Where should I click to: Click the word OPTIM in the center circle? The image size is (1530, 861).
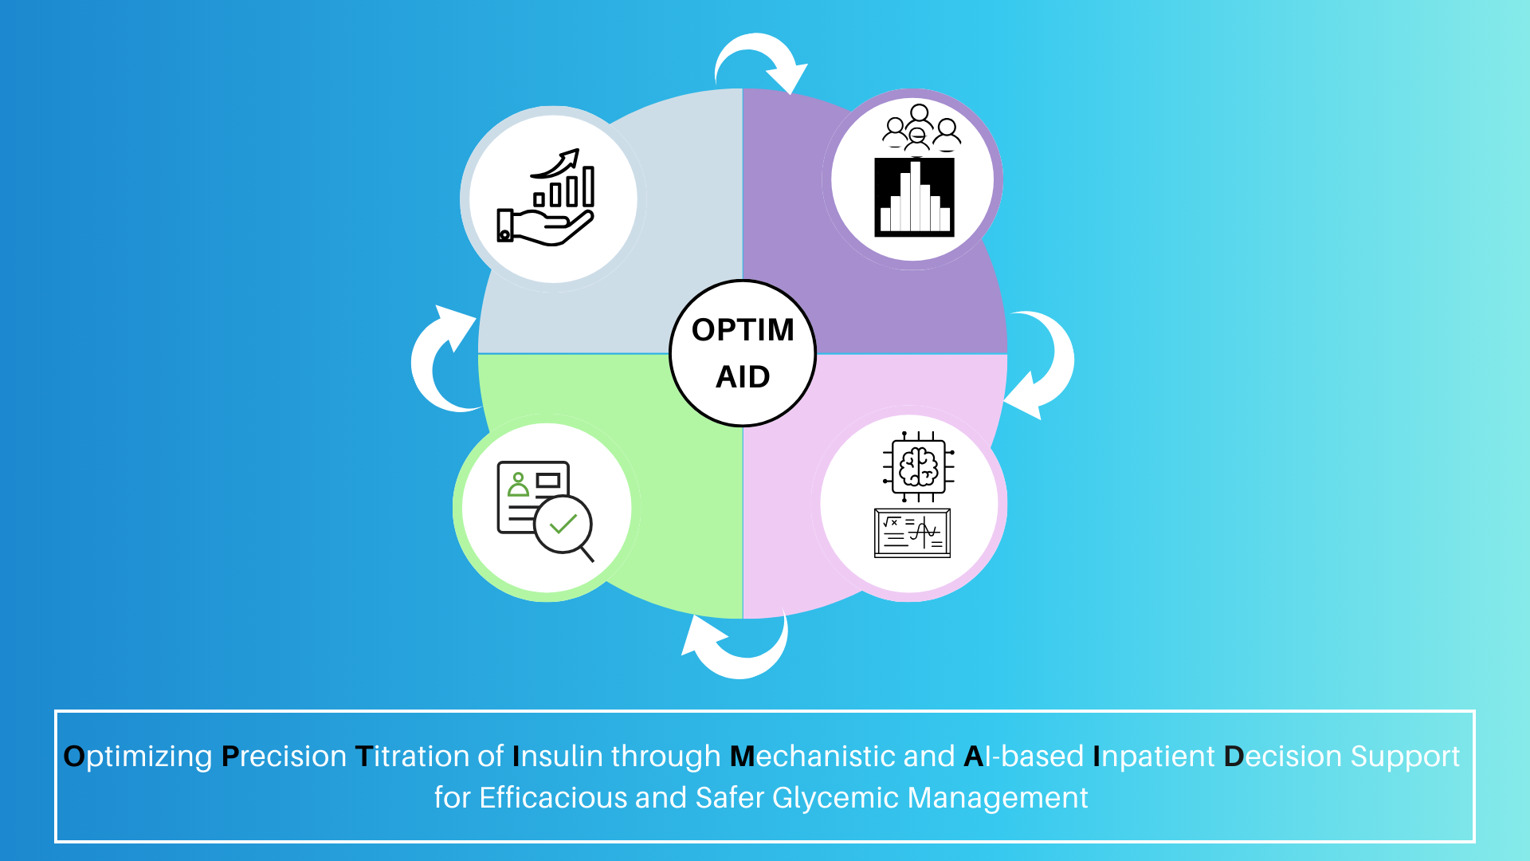[743, 329]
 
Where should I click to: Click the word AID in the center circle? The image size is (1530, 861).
[743, 376]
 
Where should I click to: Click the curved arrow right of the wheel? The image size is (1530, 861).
[1044, 363]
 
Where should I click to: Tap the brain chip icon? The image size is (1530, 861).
[918, 466]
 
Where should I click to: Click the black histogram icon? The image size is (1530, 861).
[914, 197]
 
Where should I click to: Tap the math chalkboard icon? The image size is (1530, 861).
[912, 533]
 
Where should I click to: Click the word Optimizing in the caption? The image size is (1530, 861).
[138, 756]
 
